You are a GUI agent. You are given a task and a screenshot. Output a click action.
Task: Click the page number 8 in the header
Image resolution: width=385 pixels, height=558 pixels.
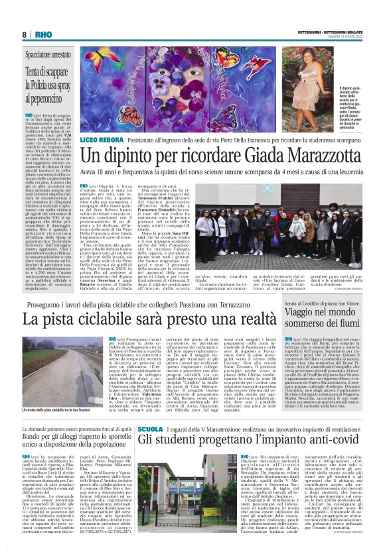[25, 34]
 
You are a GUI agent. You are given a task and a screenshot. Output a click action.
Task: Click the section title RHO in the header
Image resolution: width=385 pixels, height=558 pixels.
[39, 34]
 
